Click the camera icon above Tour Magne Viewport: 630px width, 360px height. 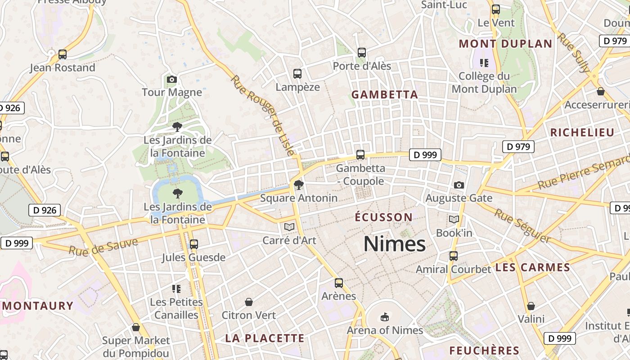click(171, 80)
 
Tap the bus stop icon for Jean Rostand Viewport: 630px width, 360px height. click(63, 54)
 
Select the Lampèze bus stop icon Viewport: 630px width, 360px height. click(297, 74)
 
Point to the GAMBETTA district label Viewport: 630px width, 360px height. click(385, 94)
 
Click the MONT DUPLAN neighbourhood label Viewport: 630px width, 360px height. click(505, 44)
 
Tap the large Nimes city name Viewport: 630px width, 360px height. click(394, 244)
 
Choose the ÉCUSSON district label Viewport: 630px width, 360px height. click(383, 217)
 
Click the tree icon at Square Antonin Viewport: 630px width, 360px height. click(298, 184)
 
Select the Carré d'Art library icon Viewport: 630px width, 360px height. click(289, 227)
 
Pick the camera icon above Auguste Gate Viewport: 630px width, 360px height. click(459, 185)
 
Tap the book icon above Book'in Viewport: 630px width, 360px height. click(454, 220)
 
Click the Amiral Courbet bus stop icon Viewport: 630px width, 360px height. click(453, 256)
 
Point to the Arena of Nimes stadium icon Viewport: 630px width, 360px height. click(384, 317)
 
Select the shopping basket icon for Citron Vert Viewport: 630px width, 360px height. click(248, 302)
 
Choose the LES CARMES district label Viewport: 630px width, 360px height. click(532, 267)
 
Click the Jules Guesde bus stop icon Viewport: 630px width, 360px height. click(193, 244)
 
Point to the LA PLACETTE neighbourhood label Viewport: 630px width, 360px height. click(265, 338)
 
